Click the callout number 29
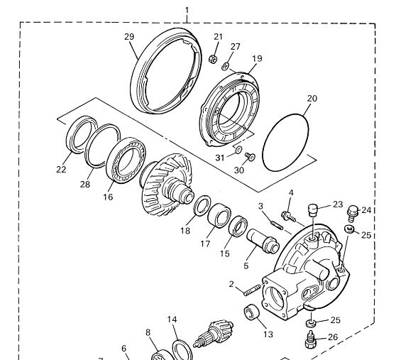click(129, 37)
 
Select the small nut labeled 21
click(213, 60)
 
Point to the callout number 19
click(257, 59)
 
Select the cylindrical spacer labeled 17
click(219, 215)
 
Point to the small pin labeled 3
click(277, 225)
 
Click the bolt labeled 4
click(288, 217)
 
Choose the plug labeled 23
click(312, 210)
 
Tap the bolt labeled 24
click(353, 214)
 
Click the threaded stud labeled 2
click(252, 290)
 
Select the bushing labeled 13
click(251, 312)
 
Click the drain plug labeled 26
click(310, 339)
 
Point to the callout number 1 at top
click(187, 11)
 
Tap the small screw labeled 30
click(250, 156)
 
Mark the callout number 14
click(172, 320)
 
